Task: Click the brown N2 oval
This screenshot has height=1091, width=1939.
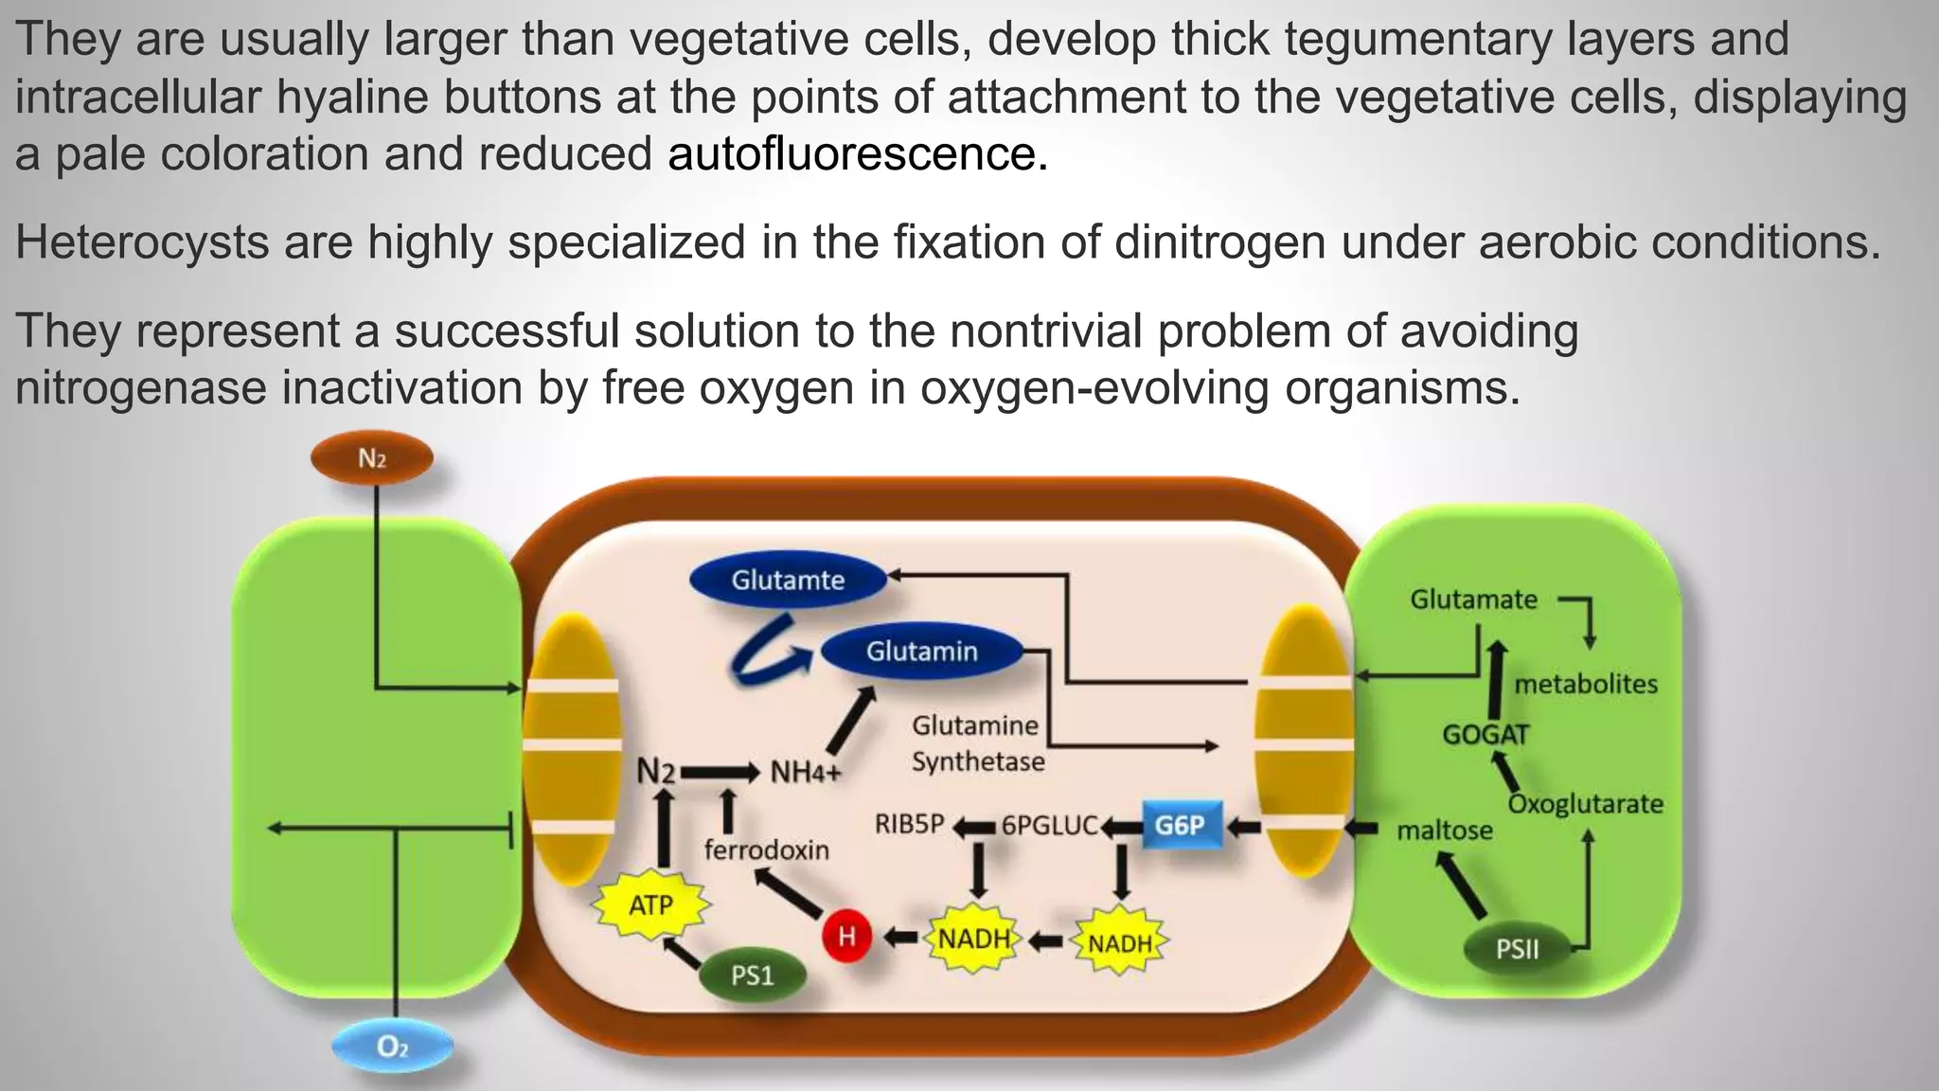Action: pyautogui.click(x=372, y=459)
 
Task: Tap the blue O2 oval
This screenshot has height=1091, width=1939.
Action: pyautogui.click(x=392, y=1046)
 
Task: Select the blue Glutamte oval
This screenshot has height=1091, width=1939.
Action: pyautogui.click(x=788, y=581)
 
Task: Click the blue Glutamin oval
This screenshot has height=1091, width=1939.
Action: pyautogui.click(x=922, y=652)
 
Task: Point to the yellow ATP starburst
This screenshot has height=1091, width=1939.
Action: pyautogui.click(x=651, y=904)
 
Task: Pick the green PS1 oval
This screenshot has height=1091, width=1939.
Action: pyautogui.click(x=753, y=975)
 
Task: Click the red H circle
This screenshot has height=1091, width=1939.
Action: pyautogui.click(x=846, y=937)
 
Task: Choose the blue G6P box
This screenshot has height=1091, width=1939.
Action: pyautogui.click(x=1180, y=825)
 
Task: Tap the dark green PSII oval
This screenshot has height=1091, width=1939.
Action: pyautogui.click(x=1518, y=949)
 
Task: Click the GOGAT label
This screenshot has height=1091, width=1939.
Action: pyautogui.click(x=1485, y=734)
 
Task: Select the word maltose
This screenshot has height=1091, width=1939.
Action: pyautogui.click(x=1445, y=831)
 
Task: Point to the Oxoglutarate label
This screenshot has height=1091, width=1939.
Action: pyautogui.click(x=1586, y=804)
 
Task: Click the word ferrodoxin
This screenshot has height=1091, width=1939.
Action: pyautogui.click(x=767, y=850)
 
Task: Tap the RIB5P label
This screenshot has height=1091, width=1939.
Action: pyautogui.click(x=910, y=825)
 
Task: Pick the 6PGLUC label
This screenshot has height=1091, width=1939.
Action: pyautogui.click(x=1050, y=826)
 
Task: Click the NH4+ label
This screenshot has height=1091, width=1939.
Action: pyautogui.click(x=806, y=773)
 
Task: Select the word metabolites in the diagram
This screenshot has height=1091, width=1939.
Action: pyautogui.click(x=1586, y=684)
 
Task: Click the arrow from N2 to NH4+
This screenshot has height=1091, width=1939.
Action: pyautogui.click(x=720, y=773)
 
